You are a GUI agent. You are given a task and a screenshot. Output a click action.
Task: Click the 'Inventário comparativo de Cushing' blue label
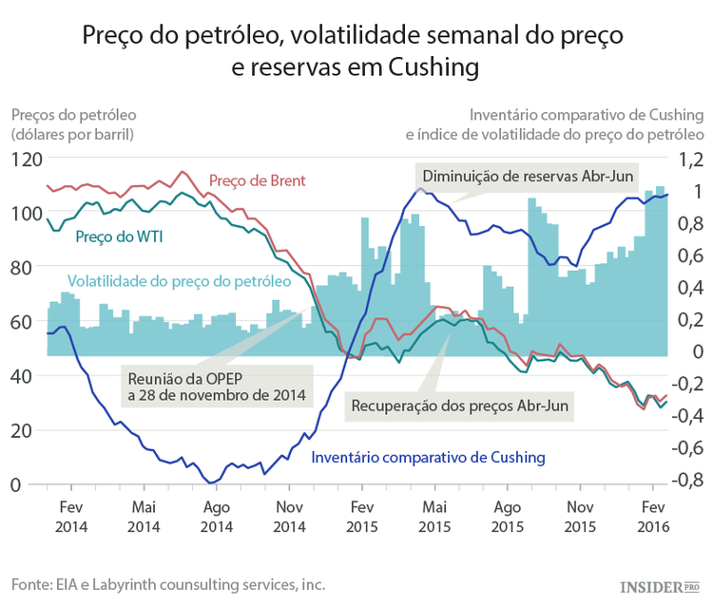click(x=429, y=457)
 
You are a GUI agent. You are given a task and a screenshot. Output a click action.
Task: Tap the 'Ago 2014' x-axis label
click(x=217, y=517)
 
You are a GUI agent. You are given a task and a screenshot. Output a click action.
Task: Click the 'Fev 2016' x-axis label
click(x=651, y=517)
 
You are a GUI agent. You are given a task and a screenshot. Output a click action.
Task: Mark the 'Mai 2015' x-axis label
click(x=434, y=517)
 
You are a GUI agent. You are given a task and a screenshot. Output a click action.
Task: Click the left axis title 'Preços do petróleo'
click(x=72, y=124)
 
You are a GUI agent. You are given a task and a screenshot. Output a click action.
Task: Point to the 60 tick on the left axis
click(x=29, y=322)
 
